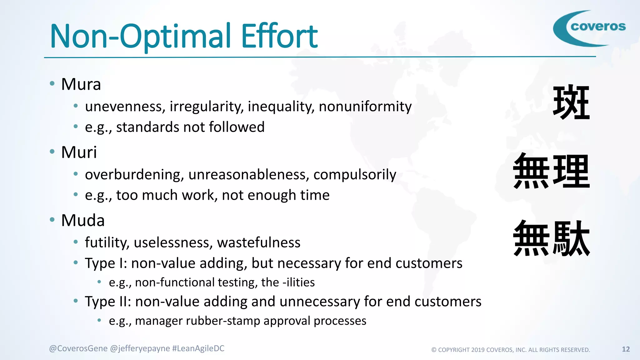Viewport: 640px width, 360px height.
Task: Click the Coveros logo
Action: click(589, 28)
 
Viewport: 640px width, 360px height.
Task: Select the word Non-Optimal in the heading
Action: click(140, 37)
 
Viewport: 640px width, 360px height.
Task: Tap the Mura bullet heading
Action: click(81, 84)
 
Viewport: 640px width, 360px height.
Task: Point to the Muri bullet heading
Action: click(79, 152)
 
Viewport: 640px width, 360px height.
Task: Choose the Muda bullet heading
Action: click(83, 220)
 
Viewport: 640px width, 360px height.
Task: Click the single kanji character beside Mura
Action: click(571, 102)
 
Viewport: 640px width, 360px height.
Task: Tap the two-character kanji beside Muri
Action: click(552, 171)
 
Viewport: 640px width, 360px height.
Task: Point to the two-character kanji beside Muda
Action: click(552, 239)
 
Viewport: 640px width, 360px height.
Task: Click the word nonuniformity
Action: click(365, 107)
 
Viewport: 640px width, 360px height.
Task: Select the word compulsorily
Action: click(355, 175)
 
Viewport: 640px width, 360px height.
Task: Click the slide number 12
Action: click(626, 349)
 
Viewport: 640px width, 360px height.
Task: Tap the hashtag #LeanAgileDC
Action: click(198, 348)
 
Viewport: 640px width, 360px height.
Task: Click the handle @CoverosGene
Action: click(78, 348)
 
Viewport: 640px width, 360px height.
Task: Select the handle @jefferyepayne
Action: click(140, 348)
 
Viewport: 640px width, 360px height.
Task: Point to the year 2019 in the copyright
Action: click(478, 350)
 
